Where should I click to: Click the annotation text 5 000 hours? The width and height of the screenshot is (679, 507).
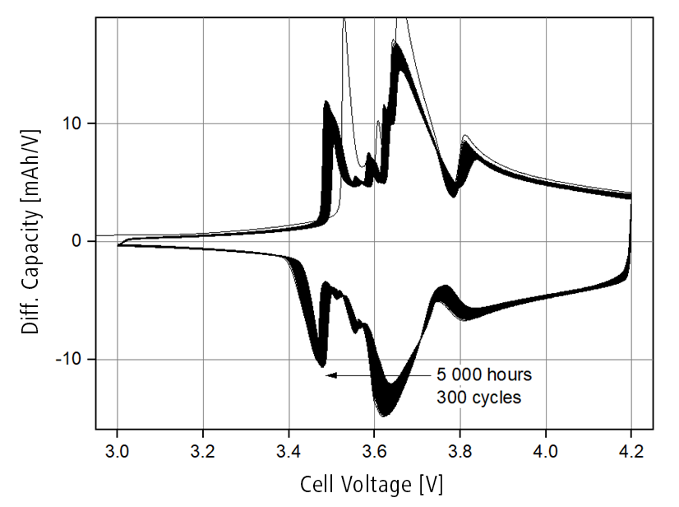click(x=483, y=375)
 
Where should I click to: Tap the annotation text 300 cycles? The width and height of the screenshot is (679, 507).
click(x=478, y=397)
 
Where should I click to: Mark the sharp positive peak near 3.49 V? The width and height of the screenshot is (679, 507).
click(x=327, y=103)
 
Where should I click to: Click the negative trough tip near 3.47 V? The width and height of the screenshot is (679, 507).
click(x=321, y=365)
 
